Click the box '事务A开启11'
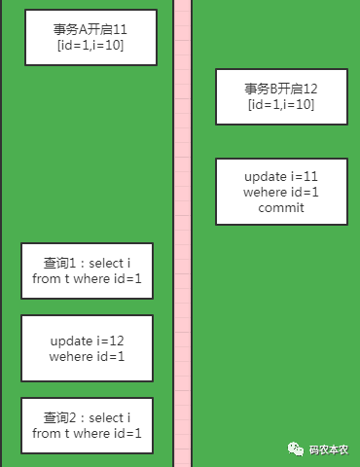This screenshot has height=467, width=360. point(90,38)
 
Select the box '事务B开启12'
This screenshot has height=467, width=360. point(281,96)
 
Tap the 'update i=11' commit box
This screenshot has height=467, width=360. point(281,192)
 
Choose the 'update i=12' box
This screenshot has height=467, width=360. point(87,348)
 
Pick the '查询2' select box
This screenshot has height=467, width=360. point(87,425)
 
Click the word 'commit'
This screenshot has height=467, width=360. point(281,207)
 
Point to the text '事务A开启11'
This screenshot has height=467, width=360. point(90,30)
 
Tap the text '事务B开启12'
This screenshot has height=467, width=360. point(281,89)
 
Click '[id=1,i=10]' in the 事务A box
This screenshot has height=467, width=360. point(90,46)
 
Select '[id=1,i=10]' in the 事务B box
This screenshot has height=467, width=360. point(281,104)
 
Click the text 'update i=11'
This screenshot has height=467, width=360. point(281,176)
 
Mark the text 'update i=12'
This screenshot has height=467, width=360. point(87,341)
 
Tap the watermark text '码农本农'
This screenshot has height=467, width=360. point(334,449)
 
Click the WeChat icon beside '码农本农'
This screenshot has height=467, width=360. point(294,449)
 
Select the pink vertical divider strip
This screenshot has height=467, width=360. point(182,233)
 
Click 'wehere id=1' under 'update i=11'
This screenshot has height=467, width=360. point(281,192)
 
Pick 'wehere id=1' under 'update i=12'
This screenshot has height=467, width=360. point(87,356)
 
